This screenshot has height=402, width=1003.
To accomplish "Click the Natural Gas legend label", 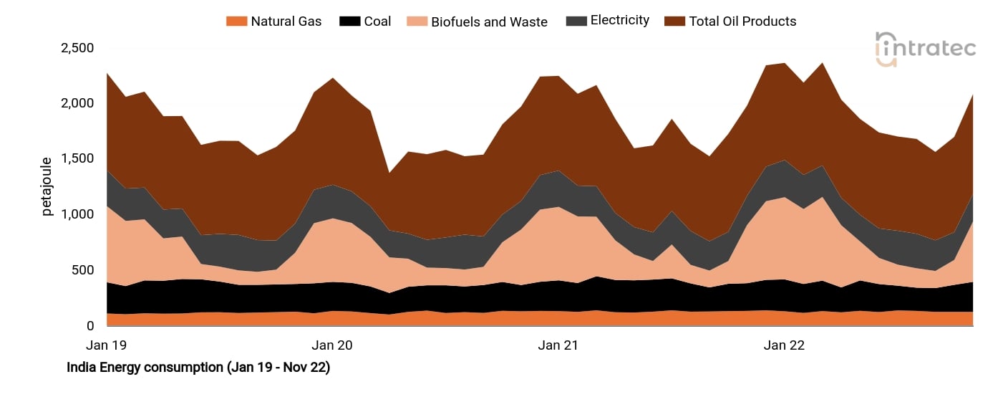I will pos(286,21).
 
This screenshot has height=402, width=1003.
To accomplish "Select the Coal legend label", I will pos(377,21).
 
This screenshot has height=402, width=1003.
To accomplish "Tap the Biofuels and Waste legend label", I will pos(489,21).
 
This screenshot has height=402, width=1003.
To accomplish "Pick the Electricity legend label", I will pos(619,21).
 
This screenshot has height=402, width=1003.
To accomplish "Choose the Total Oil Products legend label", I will pos(742,21).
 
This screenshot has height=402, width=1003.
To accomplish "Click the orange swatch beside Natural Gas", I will pos(236,21).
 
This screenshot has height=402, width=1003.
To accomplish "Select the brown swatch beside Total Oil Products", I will pos(674,21).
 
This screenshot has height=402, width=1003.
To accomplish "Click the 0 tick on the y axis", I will pos(90,326).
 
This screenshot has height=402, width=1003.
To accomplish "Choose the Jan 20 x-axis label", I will pos(332,345).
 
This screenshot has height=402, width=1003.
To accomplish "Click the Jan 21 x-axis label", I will pos(558,345).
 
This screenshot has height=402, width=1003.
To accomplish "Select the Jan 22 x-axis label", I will pos(784,345).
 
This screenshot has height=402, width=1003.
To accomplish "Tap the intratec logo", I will pos(925,49).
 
